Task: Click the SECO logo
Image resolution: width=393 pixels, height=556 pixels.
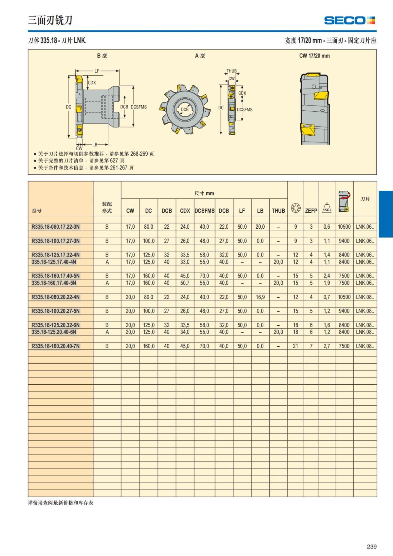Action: point(349,20)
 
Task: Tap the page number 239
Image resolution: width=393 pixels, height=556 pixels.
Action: point(371,546)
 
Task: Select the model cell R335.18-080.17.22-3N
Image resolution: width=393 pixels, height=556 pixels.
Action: point(55,227)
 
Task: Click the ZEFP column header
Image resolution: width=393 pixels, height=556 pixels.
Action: point(311,211)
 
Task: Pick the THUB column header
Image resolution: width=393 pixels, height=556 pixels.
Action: point(278,211)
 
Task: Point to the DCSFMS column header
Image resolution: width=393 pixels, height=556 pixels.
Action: point(204,211)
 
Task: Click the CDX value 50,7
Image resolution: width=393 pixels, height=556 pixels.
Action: point(185,283)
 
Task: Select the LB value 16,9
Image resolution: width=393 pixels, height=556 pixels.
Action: point(260,297)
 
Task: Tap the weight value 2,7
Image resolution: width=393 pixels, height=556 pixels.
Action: point(327,346)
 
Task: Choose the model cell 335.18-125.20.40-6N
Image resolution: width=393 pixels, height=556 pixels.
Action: point(54,332)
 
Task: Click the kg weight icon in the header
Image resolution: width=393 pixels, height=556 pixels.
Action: point(327,208)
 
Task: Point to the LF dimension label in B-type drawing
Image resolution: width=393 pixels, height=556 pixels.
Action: point(97,71)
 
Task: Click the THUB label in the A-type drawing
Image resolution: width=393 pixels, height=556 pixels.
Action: point(232,71)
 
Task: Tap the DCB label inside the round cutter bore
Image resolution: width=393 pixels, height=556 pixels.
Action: point(185,109)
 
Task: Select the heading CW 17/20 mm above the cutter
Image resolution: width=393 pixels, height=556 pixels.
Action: point(314,56)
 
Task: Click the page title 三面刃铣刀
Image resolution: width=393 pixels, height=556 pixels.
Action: point(50,20)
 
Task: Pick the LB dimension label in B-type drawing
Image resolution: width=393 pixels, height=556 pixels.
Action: point(95,144)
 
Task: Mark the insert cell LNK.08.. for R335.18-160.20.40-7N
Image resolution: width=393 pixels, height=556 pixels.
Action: point(365,346)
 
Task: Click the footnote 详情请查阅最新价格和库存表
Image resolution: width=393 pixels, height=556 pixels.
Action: point(61,503)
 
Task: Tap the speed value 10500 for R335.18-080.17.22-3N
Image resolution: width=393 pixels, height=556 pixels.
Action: point(344,227)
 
